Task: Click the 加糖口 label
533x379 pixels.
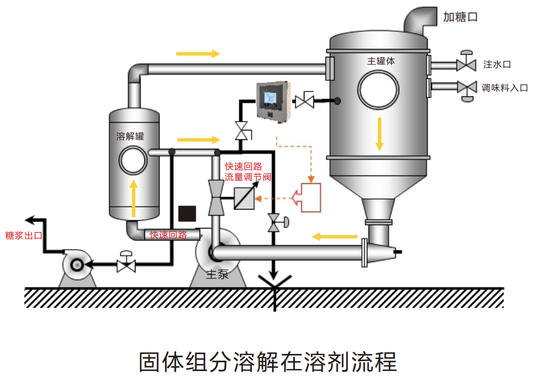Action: pyautogui.click(x=461, y=17)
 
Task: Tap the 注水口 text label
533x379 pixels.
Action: pyautogui.click(x=497, y=64)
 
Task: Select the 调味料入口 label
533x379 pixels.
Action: pyautogui.click(x=505, y=88)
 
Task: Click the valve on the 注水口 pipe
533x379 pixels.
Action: pyautogui.click(x=466, y=62)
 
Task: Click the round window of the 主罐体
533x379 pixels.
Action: pyautogui.click(x=378, y=90)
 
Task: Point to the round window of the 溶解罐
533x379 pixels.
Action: pyautogui.click(x=133, y=161)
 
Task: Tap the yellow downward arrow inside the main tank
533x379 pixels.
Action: pyautogui.click(x=379, y=134)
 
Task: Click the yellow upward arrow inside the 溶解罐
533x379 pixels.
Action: pyautogui.click(x=134, y=198)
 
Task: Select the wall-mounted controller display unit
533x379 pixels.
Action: pyautogui.click(x=274, y=101)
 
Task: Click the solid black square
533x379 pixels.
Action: pyautogui.click(x=187, y=213)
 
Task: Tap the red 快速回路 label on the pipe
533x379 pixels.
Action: pyautogui.click(x=168, y=235)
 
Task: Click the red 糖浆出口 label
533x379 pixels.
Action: pyautogui.click(x=24, y=236)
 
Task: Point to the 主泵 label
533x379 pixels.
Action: pyautogui.click(x=217, y=274)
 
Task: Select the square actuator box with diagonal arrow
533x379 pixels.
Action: pyautogui.click(x=244, y=198)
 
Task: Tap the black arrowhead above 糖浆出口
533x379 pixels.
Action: pyautogui.click(x=31, y=220)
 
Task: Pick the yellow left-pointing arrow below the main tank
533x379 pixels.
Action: pyautogui.click(x=335, y=236)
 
